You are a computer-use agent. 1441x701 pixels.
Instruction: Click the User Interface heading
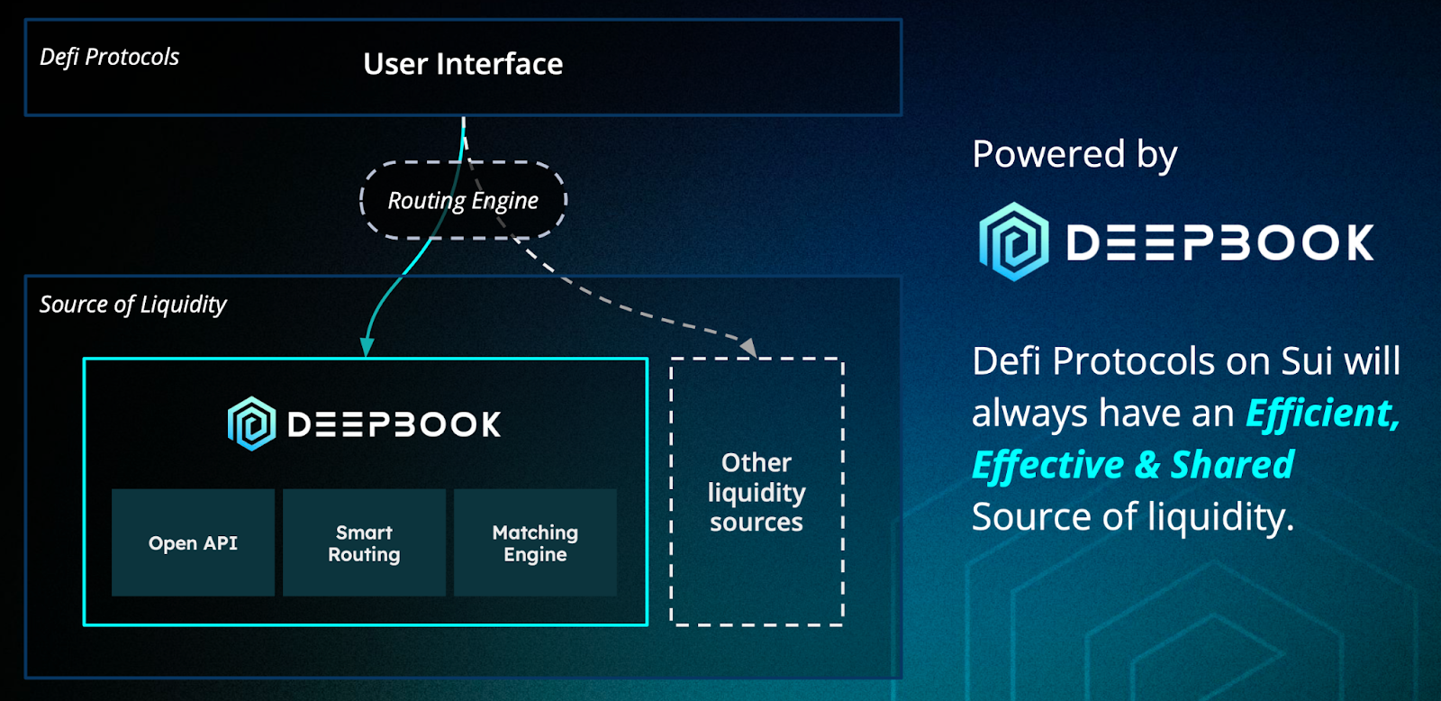point(463,64)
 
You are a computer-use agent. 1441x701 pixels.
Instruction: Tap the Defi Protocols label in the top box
point(109,57)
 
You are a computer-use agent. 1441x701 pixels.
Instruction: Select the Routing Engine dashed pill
point(463,200)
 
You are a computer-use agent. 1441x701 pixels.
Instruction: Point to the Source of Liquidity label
point(132,305)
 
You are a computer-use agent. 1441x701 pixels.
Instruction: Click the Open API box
point(193,542)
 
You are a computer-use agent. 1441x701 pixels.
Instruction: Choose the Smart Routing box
point(364,542)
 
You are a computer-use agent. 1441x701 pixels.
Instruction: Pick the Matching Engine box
point(535,542)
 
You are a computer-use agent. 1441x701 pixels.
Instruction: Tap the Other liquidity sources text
point(757,492)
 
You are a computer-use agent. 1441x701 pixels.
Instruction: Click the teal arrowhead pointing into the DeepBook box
point(367,348)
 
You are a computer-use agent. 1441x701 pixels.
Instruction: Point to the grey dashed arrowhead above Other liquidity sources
point(748,347)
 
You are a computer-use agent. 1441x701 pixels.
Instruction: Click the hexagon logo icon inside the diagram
point(251,423)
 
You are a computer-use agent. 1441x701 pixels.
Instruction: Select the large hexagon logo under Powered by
point(1014,241)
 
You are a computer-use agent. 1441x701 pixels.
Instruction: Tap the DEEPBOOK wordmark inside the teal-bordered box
point(394,424)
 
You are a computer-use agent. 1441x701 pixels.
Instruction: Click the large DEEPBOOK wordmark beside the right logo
point(1220,242)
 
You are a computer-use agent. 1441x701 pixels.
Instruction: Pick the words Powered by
point(1074,154)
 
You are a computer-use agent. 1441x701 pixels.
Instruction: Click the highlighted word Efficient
point(1321,414)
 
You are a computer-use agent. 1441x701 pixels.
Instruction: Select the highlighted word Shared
point(1231,465)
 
